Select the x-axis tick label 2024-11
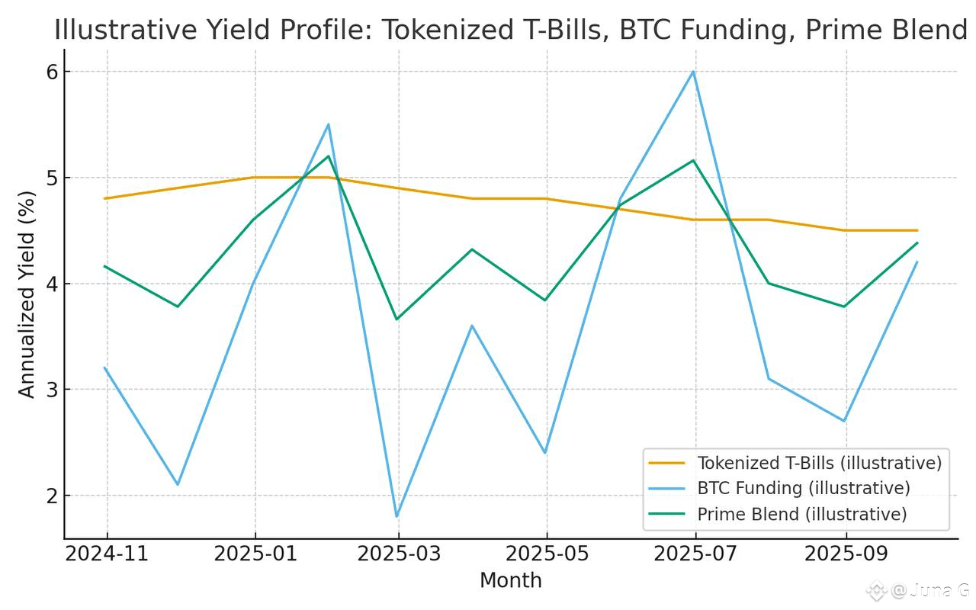[107, 554]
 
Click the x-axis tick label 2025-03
[398, 554]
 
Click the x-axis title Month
[510, 581]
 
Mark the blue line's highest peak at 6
[693, 72]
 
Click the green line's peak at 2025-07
[693, 160]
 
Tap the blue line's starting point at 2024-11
[105, 368]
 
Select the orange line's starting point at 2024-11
[105, 198]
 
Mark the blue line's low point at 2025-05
[546, 453]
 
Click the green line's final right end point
[917, 242]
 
